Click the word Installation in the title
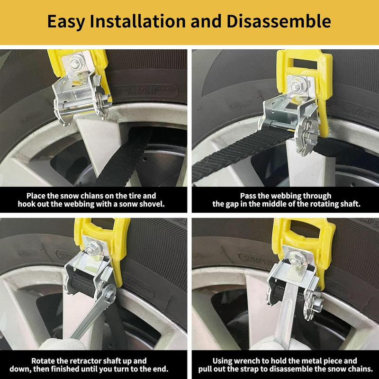tap(137, 21)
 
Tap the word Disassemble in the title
tap(279, 21)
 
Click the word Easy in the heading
tap(66, 22)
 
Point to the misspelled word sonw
tap(129, 204)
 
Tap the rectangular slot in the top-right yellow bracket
tap(305, 64)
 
